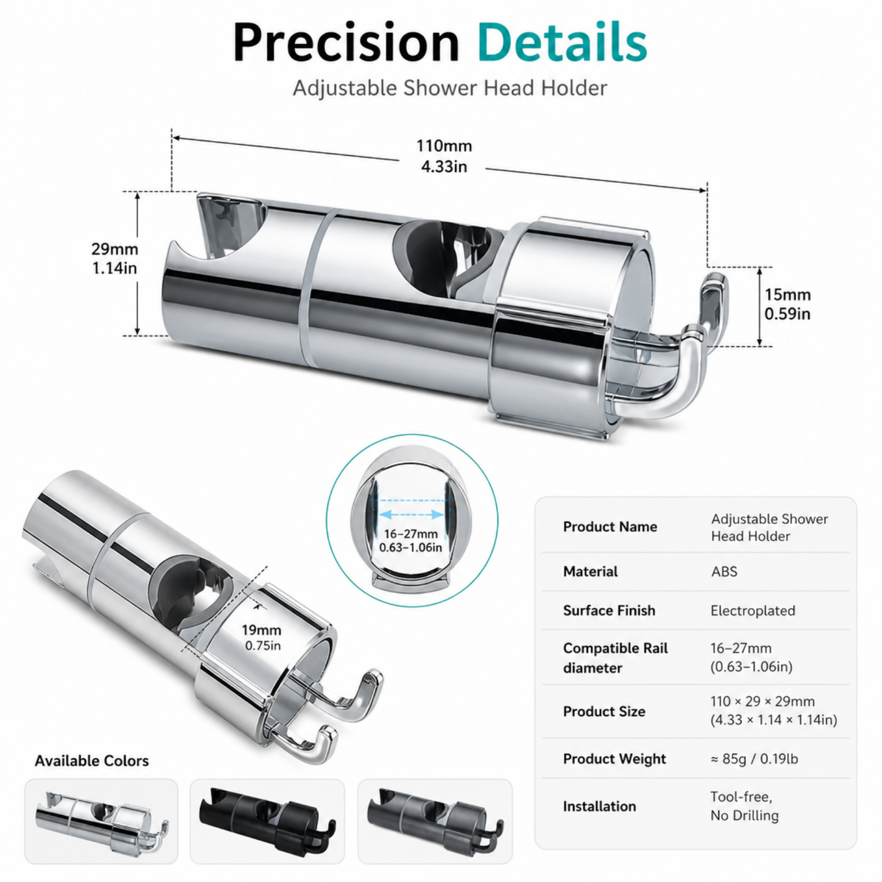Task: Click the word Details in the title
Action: [x=562, y=42]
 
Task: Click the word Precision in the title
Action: [x=346, y=42]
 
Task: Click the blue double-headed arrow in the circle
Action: [x=410, y=514]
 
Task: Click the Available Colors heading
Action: [x=92, y=761]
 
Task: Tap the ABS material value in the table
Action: [x=724, y=572]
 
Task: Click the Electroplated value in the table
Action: [x=753, y=611]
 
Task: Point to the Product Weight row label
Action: [x=614, y=759]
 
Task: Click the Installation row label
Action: [x=599, y=806]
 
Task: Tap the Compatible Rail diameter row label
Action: [x=615, y=658]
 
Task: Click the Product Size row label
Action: [x=604, y=711]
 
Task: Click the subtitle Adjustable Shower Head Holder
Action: [x=450, y=88]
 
